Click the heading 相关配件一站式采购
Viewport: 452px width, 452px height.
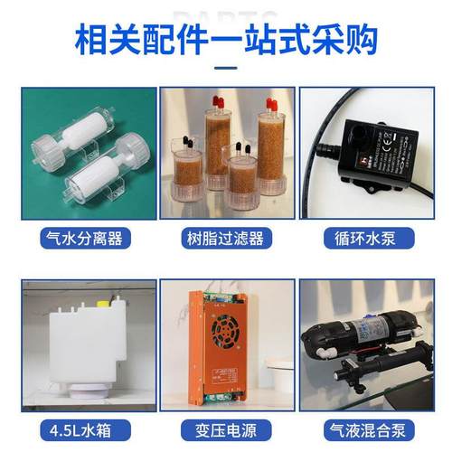(225, 39)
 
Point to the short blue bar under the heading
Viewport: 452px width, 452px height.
(225, 66)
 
